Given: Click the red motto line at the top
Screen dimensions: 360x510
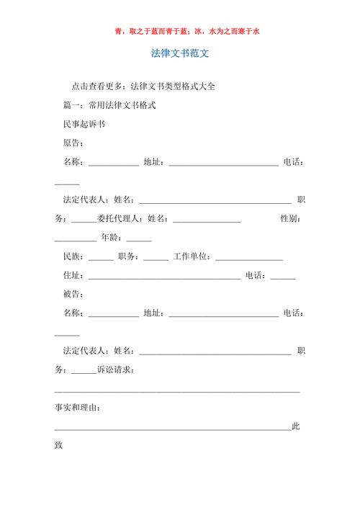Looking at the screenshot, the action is click(x=180, y=32).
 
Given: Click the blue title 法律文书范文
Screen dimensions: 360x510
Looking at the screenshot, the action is click(x=180, y=54).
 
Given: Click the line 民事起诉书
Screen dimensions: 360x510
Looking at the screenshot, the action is click(x=84, y=124).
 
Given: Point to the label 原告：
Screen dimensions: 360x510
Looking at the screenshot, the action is click(x=74, y=143).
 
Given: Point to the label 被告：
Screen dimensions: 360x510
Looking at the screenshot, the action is click(x=74, y=294).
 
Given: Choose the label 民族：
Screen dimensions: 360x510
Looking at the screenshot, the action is click(x=74, y=256).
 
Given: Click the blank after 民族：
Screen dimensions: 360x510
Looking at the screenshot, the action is click(x=101, y=259).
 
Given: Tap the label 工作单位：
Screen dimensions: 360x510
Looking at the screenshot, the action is click(x=193, y=256).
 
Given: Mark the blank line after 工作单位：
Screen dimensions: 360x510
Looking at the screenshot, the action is click(x=249, y=259).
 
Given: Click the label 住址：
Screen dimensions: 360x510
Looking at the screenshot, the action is click(x=74, y=275).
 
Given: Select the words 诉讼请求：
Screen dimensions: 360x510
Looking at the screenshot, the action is click(x=115, y=370).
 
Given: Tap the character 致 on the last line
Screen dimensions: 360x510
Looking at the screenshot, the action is click(x=59, y=445).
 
